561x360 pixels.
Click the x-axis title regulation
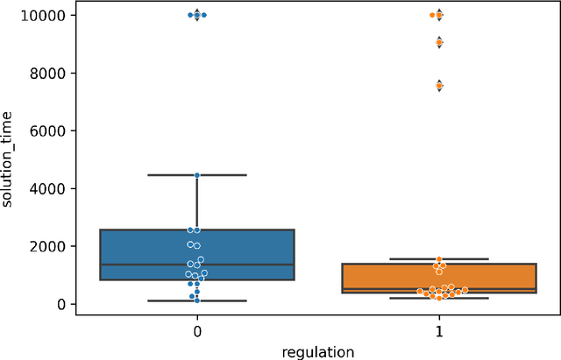pyautogui.click(x=318, y=351)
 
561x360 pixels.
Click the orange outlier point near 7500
pyautogui.click(x=439, y=86)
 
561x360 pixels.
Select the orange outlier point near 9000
pyautogui.click(x=439, y=42)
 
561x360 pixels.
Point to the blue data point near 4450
pyautogui.click(x=197, y=175)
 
